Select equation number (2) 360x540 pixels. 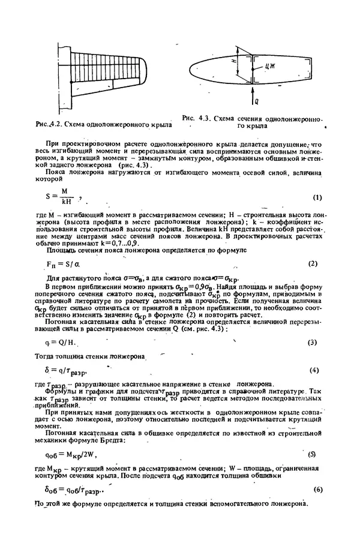tap(313, 247)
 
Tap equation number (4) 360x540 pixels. tap(313, 370)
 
